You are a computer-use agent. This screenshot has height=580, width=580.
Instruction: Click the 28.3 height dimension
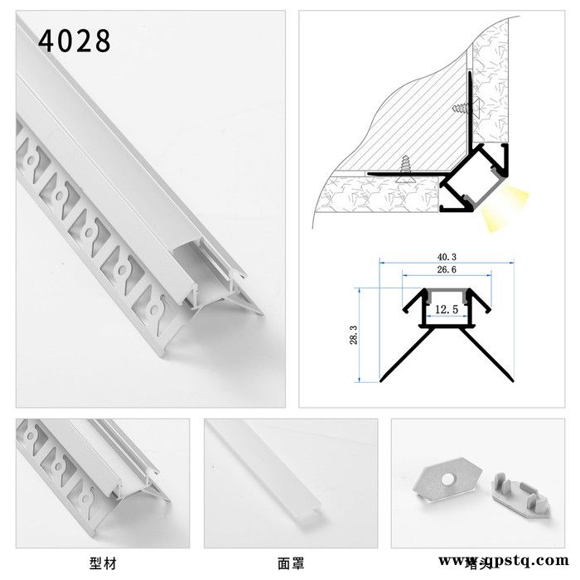coord(355,335)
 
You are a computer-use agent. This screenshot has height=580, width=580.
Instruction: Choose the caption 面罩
coord(292,563)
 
